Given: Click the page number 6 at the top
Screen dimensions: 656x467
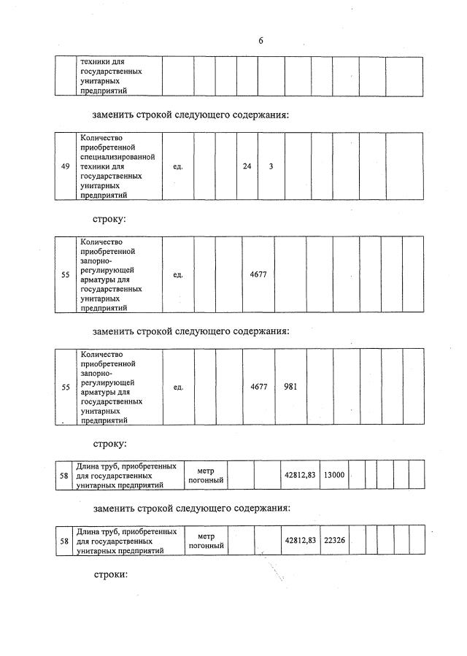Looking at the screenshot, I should (x=260, y=41).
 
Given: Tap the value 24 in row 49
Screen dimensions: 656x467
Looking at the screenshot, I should (x=247, y=166).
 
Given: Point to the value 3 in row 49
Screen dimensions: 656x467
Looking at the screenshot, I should (x=271, y=166).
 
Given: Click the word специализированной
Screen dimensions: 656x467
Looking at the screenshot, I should (x=117, y=157).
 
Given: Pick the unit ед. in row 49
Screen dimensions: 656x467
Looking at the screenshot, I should (x=178, y=166).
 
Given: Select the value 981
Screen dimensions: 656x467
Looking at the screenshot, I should (x=290, y=387).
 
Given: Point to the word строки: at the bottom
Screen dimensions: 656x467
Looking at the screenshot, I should (x=110, y=574).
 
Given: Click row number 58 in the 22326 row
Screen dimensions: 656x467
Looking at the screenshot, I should (x=64, y=541).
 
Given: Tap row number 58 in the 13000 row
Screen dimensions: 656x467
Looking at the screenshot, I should (x=64, y=474).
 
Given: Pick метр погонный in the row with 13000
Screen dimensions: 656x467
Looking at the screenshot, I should (x=205, y=474).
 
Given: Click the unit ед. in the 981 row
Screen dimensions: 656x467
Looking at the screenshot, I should (x=178, y=387).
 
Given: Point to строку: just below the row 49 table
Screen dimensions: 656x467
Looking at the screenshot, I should (x=110, y=219).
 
